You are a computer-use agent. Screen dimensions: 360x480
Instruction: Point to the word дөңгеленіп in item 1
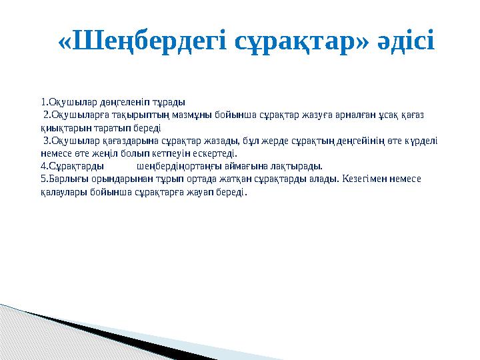click(x=105, y=103)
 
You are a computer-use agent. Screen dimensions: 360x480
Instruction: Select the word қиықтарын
click(x=63, y=127)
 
